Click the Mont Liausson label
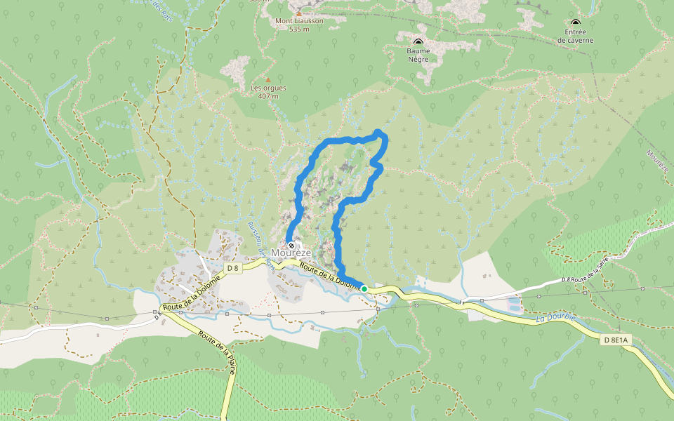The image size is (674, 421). [x=299, y=21]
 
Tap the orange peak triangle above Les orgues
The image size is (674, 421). [x=267, y=79]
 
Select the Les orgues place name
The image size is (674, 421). [x=268, y=88]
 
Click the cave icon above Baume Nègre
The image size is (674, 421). [x=418, y=41]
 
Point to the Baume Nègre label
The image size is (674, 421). [x=418, y=55]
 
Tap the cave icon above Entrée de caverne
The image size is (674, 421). [x=576, y=22]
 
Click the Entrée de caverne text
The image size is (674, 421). [x=576, y=36]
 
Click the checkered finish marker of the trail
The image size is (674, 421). [x=291, y=246]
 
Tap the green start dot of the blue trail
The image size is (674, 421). [x=364, y=288]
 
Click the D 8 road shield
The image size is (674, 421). [x=233, y=268]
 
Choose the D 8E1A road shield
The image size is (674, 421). [x=617, y=340]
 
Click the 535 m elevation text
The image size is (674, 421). [x=299, y=29]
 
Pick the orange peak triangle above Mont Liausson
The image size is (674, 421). [x=299, y=13]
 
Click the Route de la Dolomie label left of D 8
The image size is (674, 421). [x=191, y=291]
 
